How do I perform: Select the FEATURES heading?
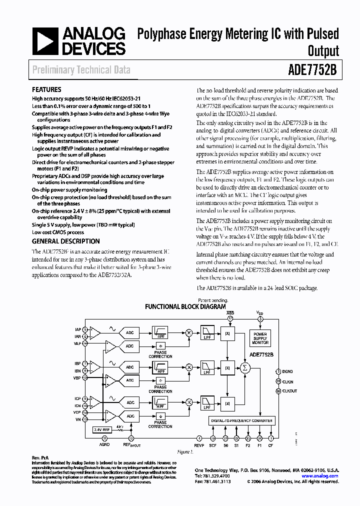tap(46, 90)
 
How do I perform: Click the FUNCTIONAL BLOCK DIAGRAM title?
tap(185, 306)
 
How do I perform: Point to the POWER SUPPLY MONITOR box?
tap(260, 338)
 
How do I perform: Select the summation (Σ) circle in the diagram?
tap(245, 368)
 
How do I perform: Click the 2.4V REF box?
tap(102, 428)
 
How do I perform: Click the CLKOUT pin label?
tap(290, 391)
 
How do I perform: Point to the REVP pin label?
tap(199, 445)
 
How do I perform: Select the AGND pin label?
tap(104, 445)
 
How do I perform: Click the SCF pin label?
tap(213, 445)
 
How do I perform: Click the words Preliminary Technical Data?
tap(81, 70)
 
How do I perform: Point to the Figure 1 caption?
tap(184, 451)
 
